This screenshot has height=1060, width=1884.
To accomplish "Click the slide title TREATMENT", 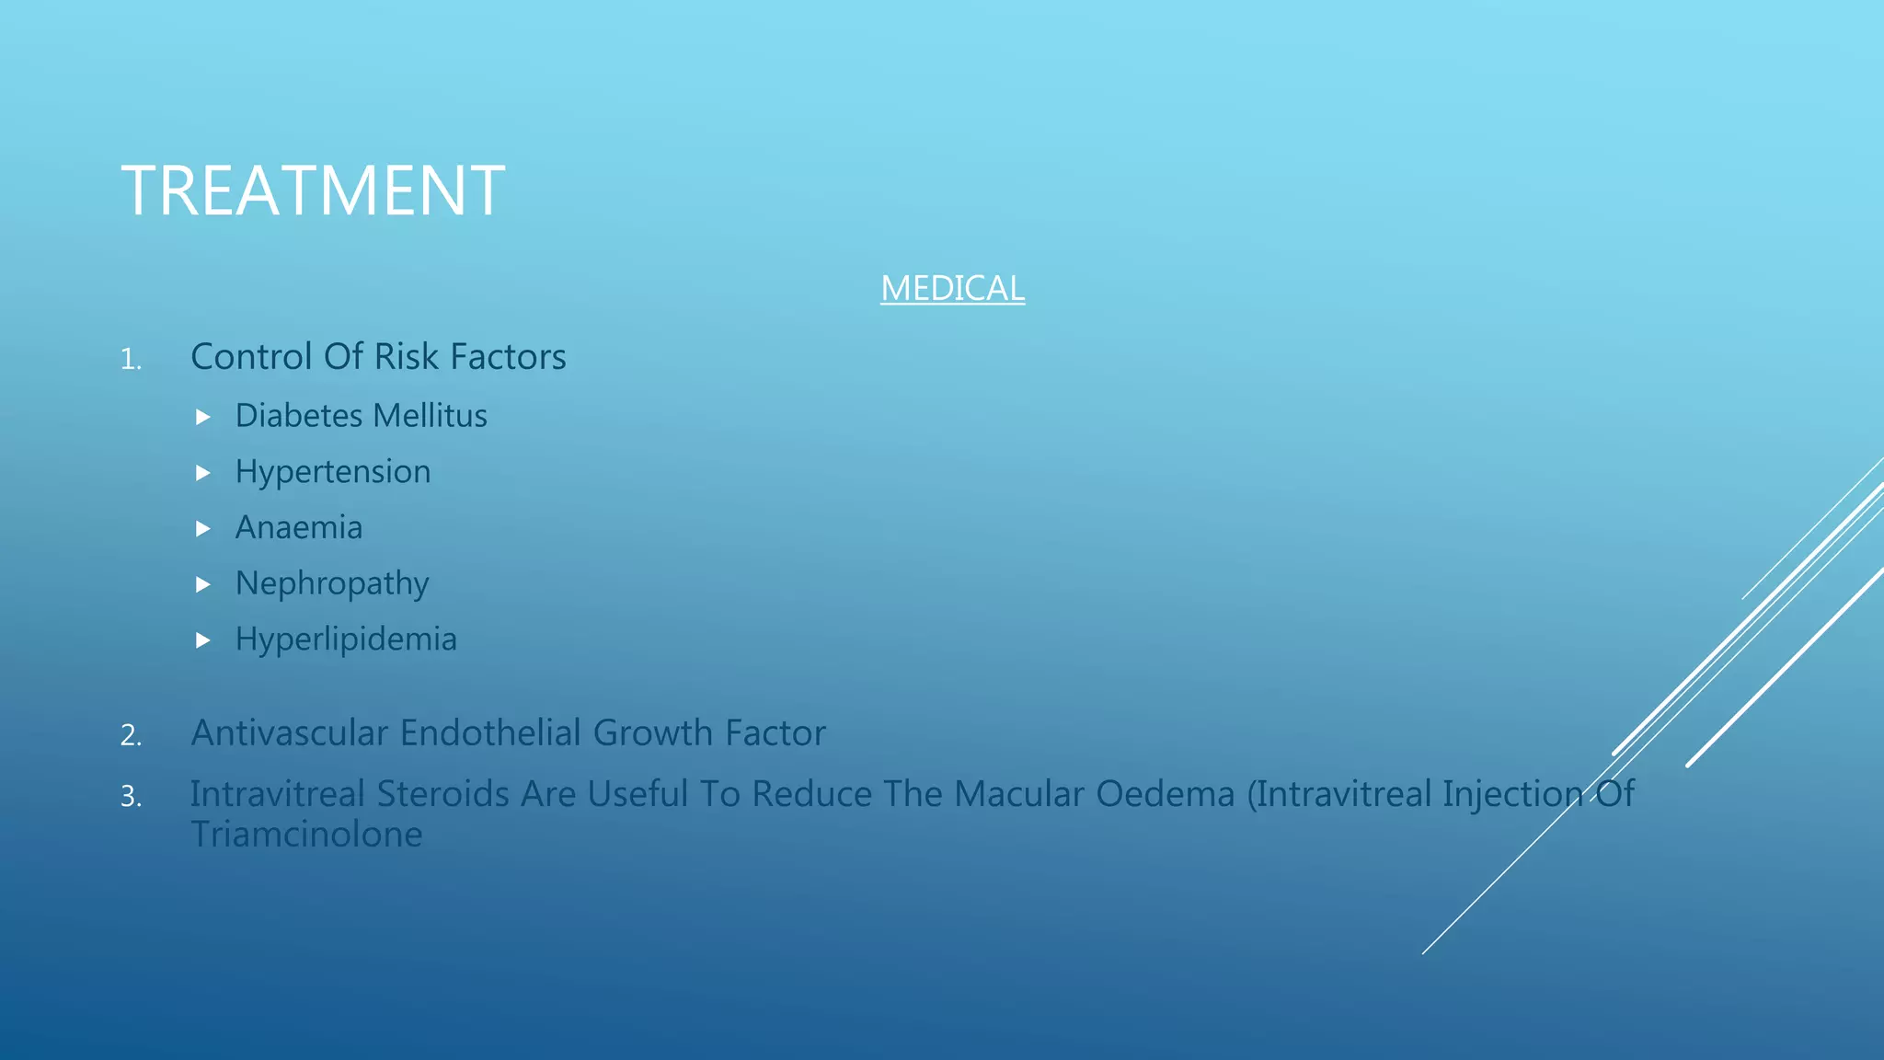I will pyautogui.click(x=313, y=190).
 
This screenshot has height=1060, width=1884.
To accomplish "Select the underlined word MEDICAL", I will pyautogui.click(x=952, y=289).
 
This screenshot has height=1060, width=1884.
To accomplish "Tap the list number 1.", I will pyautogui.click(x=131, y=360).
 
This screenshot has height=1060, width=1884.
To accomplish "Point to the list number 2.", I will pyautogui.click(x=131, y=735).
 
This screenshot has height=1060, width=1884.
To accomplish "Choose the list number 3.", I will pyautogui.click(x=131, y=796).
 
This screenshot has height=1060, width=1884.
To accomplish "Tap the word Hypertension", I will pyautogui.click(x=333, y=472).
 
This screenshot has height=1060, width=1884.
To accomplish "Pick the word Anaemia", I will pyautogui.click(x=299, y=528).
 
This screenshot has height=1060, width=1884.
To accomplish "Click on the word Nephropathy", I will pyautogui.click(x=332, y=584).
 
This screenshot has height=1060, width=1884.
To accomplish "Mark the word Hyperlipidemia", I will pyautogui.click(x=346, y=639).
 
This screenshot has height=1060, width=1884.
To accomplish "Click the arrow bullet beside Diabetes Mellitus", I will pyautogui.click(x=203, y=418).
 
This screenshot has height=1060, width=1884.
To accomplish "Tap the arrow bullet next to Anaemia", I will pyautogui.click(x=203, y=529).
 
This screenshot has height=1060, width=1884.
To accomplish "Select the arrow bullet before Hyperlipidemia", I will pyautogui.click(x=203, y=640).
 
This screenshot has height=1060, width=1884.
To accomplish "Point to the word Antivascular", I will pyautogui.click(x=289, y=733).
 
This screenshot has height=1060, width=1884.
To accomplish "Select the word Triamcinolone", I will pyautogui.click(x=306, y=835).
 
